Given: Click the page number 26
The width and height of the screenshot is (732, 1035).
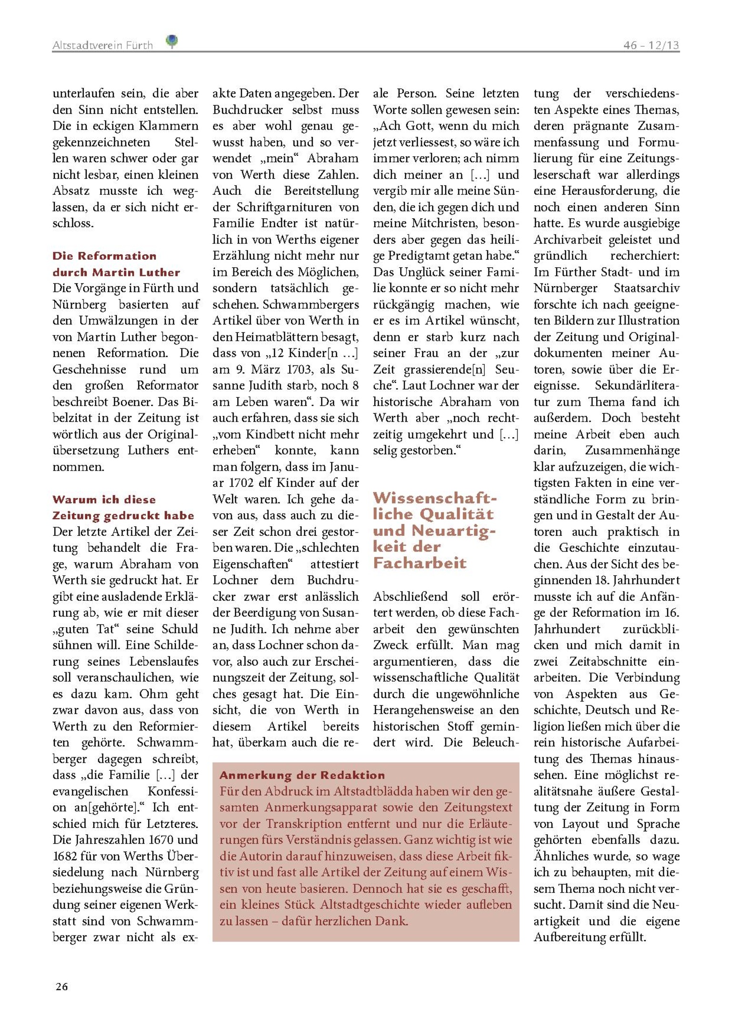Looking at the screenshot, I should coord(62,986).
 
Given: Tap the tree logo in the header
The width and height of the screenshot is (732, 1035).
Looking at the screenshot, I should coord(172,41).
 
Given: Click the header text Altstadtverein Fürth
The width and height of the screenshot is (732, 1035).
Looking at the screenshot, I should coord(102,45).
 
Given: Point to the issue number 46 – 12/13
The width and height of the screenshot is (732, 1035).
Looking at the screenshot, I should coord(651,45).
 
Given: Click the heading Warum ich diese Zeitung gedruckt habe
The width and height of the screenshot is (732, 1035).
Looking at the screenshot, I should coord(123,508).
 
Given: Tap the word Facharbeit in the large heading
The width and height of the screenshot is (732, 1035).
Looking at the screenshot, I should coord(420,563).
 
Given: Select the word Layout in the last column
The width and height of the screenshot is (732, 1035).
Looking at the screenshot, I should coord(580,824).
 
